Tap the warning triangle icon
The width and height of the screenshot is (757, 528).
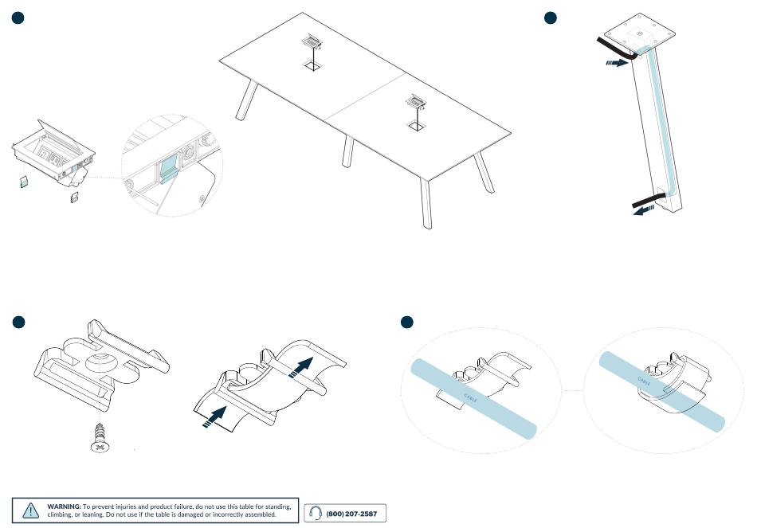click(x=31, y=510)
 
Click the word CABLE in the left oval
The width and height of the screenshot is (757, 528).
click(x=470, y=397)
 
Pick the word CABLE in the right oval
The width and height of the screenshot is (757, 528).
click(x=645, y=381)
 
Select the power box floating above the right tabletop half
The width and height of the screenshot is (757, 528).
click(x=415, y=100)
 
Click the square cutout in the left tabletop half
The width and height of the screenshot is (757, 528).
click(x=312, y=67)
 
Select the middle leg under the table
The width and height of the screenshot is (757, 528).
click(x=347, y=151)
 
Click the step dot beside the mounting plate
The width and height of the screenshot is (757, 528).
click(x=550, y=18)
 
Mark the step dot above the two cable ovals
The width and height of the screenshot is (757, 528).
click(x=406, y=322)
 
